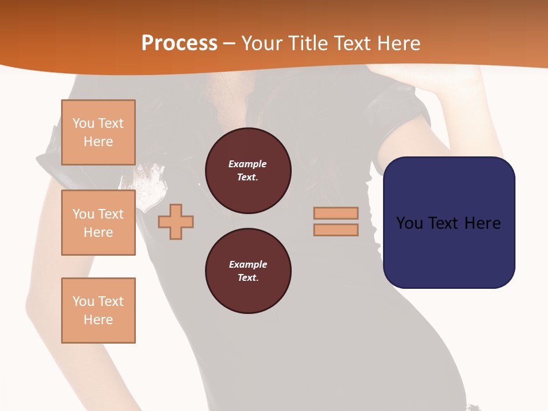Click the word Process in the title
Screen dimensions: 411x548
click(179, 43)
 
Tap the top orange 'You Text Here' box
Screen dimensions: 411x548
click(98, 132)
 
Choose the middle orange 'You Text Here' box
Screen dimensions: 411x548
click(98, 223)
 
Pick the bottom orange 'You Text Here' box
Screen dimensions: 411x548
click(98, 311)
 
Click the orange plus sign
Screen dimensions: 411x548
click(176, 222)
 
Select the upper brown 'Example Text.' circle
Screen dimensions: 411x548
click(248, 171)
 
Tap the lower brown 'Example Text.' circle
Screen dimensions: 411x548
click(248, 271)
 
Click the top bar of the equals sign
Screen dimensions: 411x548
click(336, 213)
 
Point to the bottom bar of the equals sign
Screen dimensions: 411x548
click(336, 230)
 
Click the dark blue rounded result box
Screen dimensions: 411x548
click(449, 251)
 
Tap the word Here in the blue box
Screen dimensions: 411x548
click(482, 223)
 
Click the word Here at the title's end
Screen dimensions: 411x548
click(399, 43)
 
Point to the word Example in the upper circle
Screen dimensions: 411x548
click(247, 164)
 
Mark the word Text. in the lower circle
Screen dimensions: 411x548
click(248, 278)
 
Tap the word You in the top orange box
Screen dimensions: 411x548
click(83, 123)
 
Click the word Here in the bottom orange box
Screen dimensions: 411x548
click(98, 320)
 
